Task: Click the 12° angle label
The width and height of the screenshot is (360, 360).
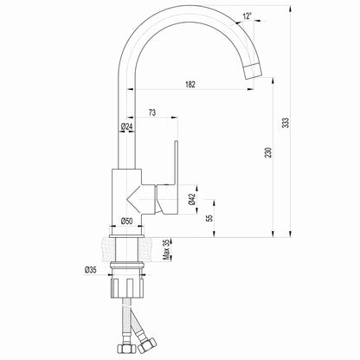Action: coord(248,16)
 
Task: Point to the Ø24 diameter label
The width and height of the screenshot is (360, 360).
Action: coord(126,129)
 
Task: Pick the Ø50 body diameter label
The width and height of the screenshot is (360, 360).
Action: coord(126,221)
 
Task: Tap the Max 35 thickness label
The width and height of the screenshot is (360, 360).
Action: coord(167,251)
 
